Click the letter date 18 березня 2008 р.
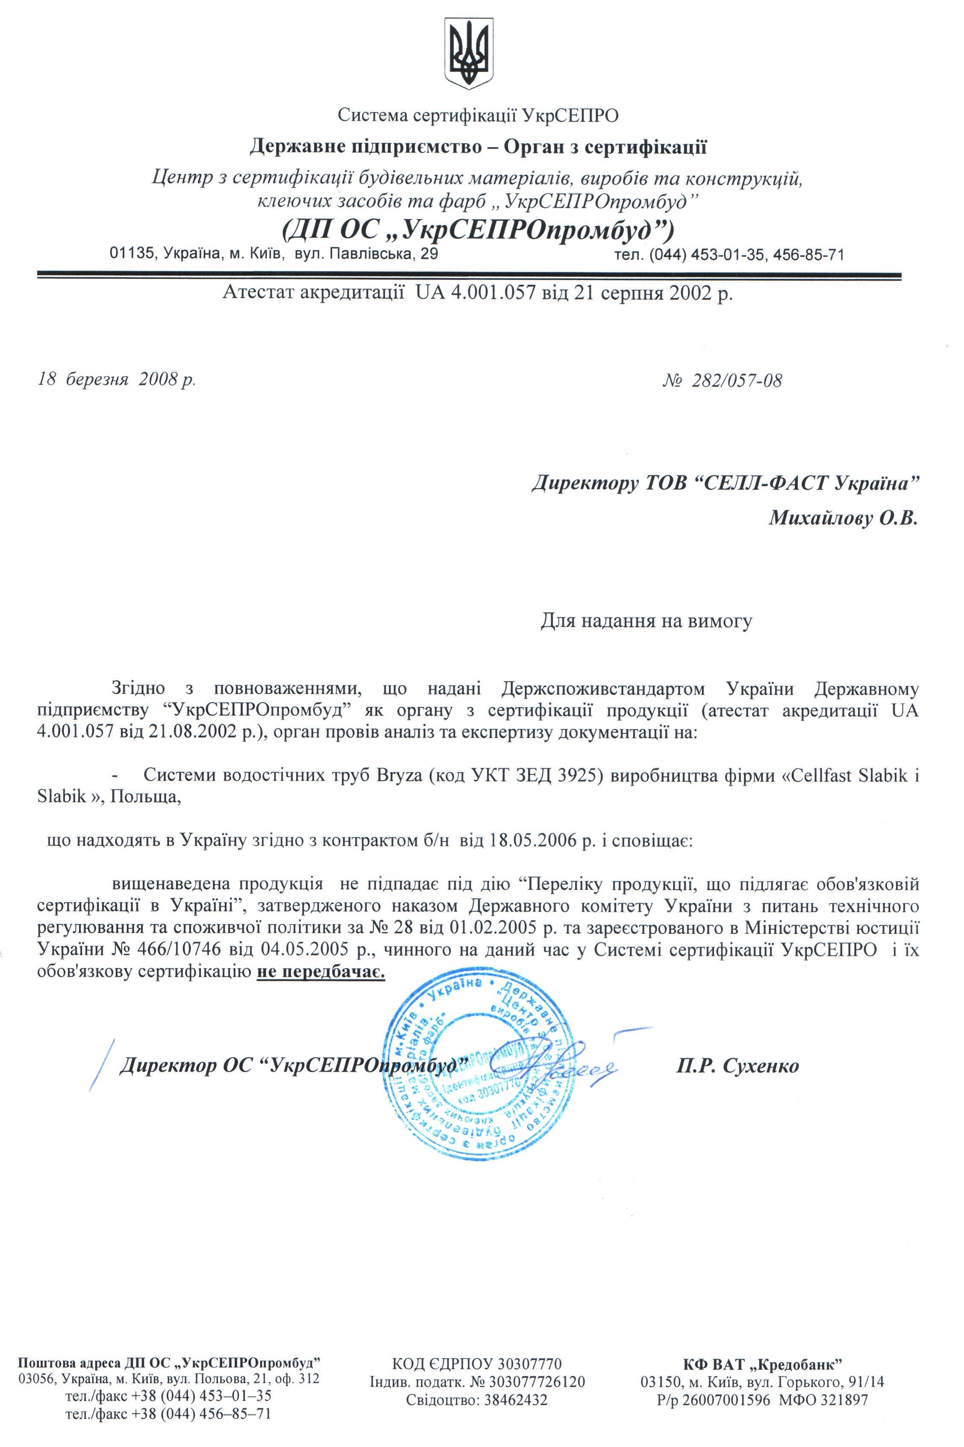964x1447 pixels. (x=117, y=379)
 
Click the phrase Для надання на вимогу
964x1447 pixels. (x=646, y=621)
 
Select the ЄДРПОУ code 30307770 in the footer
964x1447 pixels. (x=529, y=1364)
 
